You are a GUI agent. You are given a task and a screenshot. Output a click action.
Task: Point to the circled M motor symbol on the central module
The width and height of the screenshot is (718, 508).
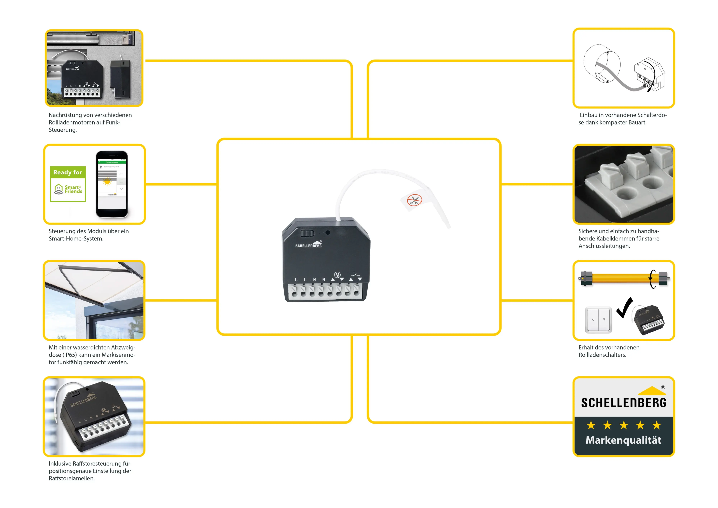337,275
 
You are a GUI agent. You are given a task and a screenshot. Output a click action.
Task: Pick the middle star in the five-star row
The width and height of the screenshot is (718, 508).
624,425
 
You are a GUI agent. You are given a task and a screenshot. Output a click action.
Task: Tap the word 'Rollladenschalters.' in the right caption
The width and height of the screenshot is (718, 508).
602,355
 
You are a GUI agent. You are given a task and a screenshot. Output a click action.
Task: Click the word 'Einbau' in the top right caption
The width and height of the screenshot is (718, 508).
588,115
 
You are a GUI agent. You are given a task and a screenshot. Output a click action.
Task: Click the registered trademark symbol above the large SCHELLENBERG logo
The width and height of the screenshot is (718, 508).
663,387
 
